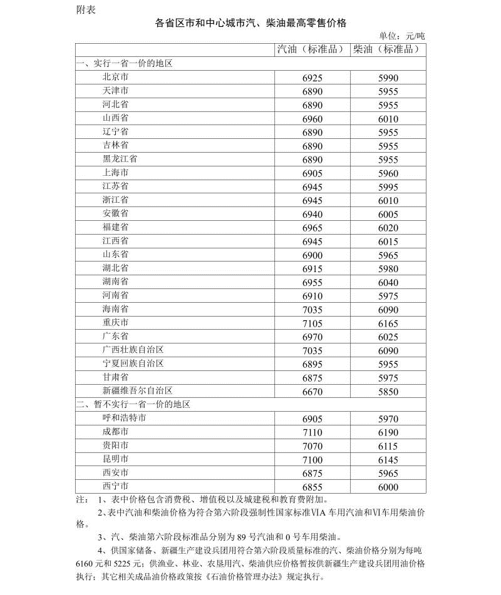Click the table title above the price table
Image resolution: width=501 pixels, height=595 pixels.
(x=250, y=23)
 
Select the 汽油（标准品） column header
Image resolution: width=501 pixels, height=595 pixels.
(x=312, y=49)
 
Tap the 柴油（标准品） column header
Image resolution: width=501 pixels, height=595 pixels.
(x=388, y=49)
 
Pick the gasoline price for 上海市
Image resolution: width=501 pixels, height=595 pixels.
(x=312, y=173)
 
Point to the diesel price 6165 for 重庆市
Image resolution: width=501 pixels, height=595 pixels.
(x=388, y=323)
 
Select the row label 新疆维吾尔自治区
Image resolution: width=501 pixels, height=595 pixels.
(x=137, y=391)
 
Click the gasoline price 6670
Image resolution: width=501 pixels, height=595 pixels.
(x=312, y=392)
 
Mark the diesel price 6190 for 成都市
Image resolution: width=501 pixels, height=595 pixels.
(x=388, y=432)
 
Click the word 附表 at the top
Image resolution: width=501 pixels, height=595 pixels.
(x=86, y=9)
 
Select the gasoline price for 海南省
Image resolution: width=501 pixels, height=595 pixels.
(x=312, y=310)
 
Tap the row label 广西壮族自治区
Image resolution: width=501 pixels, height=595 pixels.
(x=133, y=350)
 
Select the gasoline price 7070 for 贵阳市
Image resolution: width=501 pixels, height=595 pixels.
(x=312, y=446)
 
